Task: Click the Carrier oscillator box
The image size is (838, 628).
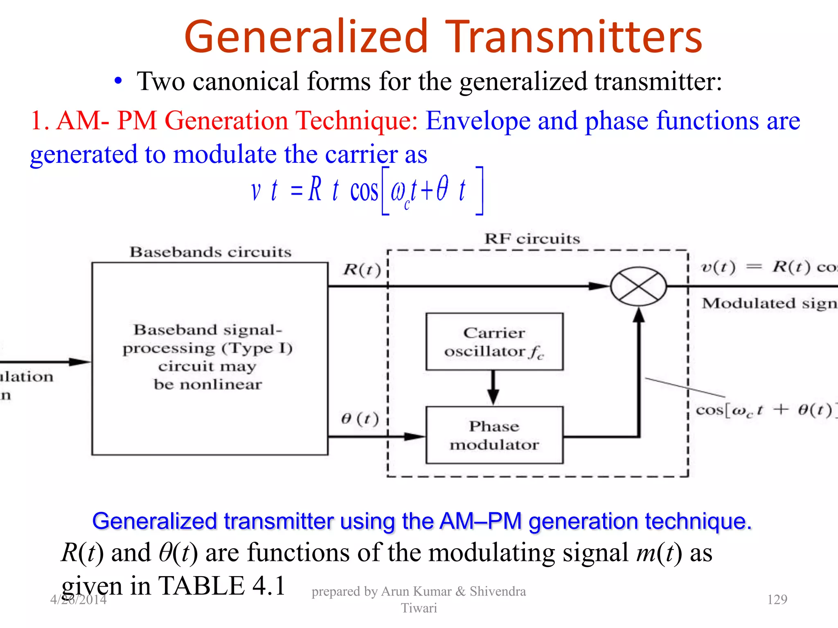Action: click(x=494, y=342)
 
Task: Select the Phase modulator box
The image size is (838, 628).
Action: click(x=494, y=435)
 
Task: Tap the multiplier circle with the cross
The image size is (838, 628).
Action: click(x=638, y=286)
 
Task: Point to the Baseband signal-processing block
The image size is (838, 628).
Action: click(x=209, y=358)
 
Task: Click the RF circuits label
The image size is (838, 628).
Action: click(x=532, y=239)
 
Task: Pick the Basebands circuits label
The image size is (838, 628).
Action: click(x=210, y=252)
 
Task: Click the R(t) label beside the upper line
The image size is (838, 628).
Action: click(x=362, y=270)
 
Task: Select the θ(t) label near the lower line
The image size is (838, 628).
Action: click(x=360, y=419)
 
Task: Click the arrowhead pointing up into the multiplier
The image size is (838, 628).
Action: click(x=639, y=315)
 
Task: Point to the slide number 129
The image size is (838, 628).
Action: click(x=777, y=599)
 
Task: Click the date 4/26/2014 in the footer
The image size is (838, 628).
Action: click(x=78, y=599)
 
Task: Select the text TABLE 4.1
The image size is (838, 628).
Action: click(x=221, y=585)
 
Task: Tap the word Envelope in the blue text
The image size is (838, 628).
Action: click(x=478, y=121)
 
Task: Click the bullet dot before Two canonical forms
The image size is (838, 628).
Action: click(x=118, y=81)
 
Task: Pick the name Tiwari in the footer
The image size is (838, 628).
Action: click(x=419, y=608)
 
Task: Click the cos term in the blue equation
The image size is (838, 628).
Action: click(x=364, y=191)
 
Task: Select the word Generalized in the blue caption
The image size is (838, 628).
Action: click(x=154, y=521)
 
